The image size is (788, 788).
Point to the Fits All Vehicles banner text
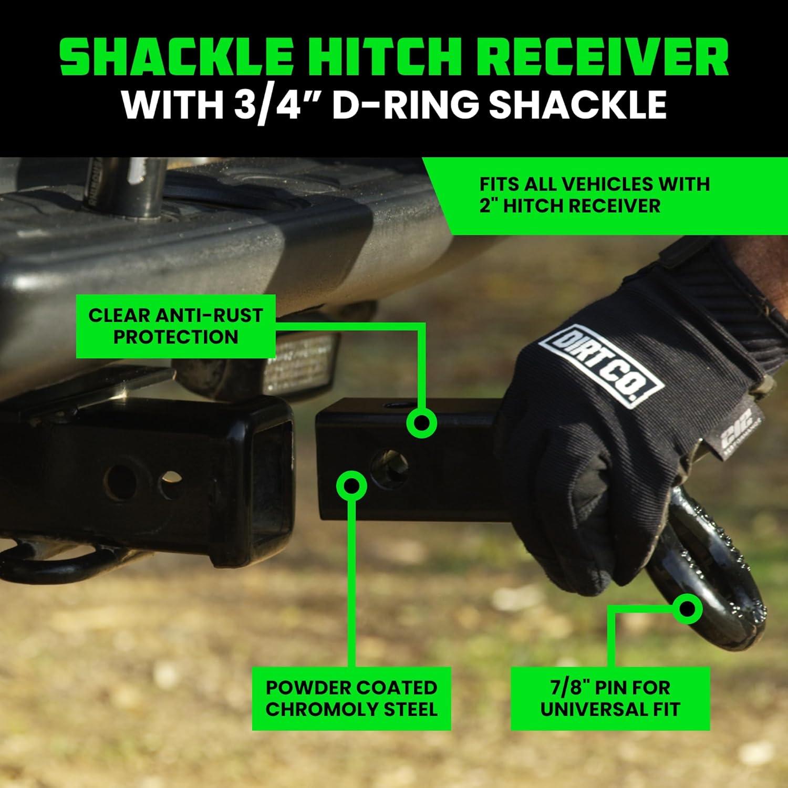point(594,194)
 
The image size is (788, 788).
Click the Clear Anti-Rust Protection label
point(175,326)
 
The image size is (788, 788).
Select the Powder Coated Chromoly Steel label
point(351,698)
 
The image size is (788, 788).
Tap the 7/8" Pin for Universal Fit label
point(610,698)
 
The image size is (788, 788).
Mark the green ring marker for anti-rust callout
point(421,422)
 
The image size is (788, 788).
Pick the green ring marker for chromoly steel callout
point(351,485)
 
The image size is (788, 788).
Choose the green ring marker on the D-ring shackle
point(687,609)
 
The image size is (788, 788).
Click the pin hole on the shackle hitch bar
point(388,465)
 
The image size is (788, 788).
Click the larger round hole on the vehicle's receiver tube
point(119,479)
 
